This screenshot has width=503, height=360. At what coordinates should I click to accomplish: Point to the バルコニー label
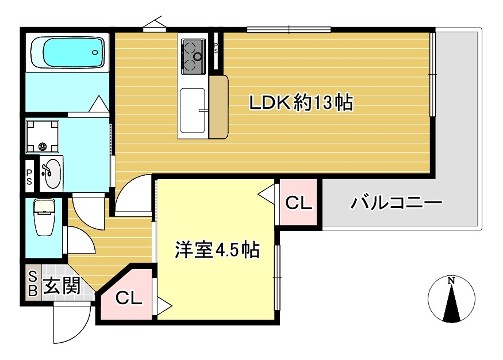coord(395,204)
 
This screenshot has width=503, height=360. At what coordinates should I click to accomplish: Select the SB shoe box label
coord(32,285)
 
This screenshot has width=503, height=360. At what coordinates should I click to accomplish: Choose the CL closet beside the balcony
coord(297,204)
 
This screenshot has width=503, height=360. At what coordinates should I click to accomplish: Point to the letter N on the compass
coord(451,279)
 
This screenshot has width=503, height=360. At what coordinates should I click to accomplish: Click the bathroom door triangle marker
coord(98,104)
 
